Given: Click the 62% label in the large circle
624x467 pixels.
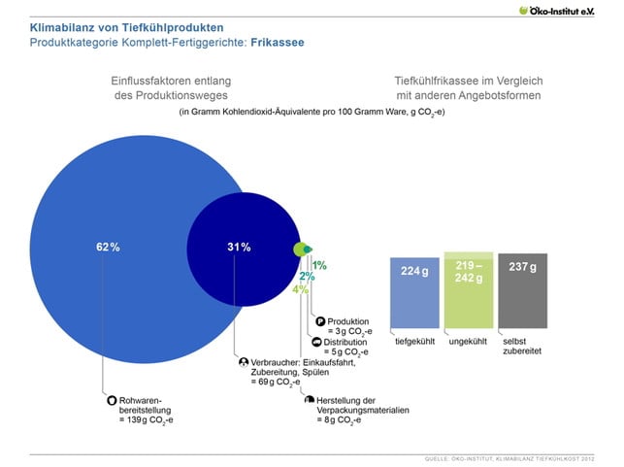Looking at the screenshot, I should point(108,248).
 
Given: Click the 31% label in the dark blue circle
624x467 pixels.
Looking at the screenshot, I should point(239,248).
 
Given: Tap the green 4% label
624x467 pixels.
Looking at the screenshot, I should point(300,289).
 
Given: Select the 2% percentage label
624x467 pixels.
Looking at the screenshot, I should point(307,277).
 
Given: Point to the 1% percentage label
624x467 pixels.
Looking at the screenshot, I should point(319,265).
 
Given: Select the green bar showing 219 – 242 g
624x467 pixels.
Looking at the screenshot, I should point(469,291).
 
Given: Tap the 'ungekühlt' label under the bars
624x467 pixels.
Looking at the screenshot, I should point(469,342).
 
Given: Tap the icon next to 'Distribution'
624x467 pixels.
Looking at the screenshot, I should point(315,343).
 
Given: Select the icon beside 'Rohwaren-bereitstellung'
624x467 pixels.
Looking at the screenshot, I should point(112,399).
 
